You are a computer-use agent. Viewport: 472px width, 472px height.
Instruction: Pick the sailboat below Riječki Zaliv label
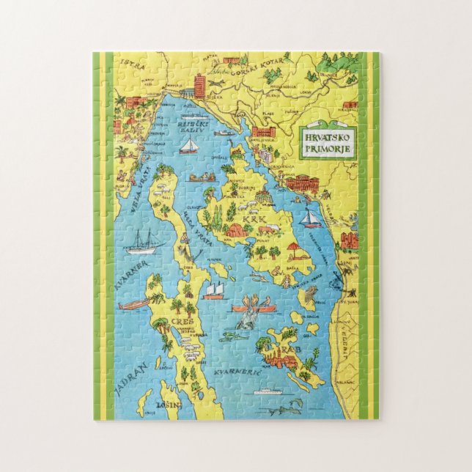point(190,147)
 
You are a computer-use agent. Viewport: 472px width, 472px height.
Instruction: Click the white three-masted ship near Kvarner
point(143,241)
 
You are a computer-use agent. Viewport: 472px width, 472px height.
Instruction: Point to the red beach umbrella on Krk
point(293,246)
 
